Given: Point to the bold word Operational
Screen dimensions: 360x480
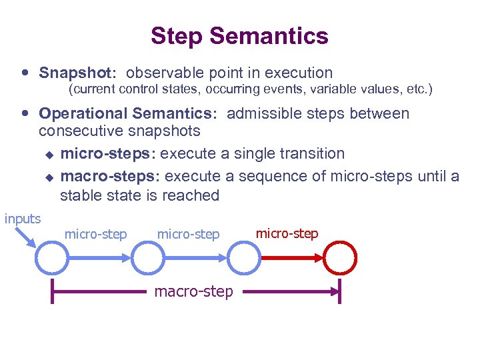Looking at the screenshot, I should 83,113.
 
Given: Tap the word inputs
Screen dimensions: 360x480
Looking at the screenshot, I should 23,219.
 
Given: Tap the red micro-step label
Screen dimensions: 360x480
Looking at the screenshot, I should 287,233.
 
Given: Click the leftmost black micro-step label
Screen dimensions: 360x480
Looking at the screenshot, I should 95,234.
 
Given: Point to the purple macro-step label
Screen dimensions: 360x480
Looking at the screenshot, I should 194,291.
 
